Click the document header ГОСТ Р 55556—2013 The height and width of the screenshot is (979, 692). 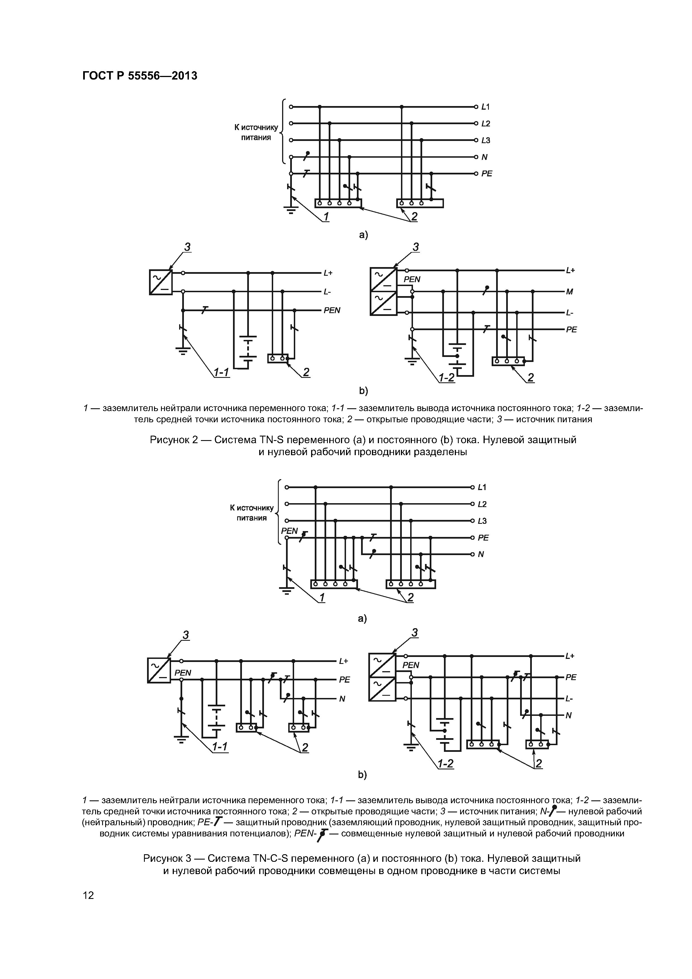140,76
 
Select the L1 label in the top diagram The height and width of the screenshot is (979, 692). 486,107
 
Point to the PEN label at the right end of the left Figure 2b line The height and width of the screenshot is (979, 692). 332,310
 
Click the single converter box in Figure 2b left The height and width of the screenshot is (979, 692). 161,282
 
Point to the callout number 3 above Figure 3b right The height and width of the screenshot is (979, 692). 414,633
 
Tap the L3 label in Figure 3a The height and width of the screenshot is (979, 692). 482,521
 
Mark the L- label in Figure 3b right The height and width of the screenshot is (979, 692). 569,699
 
